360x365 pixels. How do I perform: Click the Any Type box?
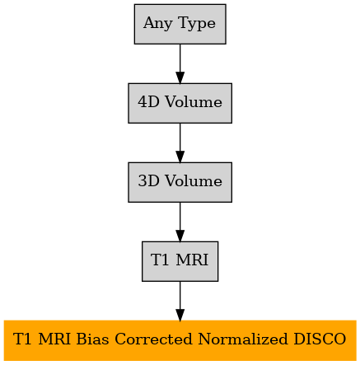point(180,24)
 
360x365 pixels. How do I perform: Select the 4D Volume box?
point(180,103)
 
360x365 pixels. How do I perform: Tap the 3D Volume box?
point(180,182)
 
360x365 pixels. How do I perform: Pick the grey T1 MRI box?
point(180,261)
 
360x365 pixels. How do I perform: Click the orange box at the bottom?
point(180,340)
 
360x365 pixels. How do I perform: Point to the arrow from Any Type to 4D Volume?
point(180,63)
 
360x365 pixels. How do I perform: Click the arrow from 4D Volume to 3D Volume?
point(180,143)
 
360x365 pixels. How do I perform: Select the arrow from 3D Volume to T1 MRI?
point(180,222)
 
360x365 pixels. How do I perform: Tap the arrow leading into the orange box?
point(180,301)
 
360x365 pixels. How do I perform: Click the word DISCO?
point(320,339)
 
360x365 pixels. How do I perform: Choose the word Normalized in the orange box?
point(243,339)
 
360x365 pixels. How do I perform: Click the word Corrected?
point(153,339)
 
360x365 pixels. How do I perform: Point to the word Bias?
point(92,339)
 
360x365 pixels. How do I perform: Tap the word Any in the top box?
point(158,24)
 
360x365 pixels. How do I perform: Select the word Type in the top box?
point(197,24)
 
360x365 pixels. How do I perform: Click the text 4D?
point(148,102)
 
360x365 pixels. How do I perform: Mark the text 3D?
point(148,181)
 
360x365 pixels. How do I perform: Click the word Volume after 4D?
point(194,102)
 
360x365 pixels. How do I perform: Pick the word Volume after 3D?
point(194,181)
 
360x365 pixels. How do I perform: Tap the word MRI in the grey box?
point(192,260)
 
